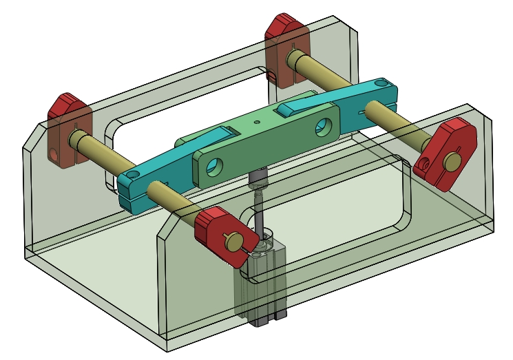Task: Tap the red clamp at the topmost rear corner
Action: click(284, 31)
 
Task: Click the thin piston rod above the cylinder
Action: click(260, 213)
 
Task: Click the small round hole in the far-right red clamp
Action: click(426, 166)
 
